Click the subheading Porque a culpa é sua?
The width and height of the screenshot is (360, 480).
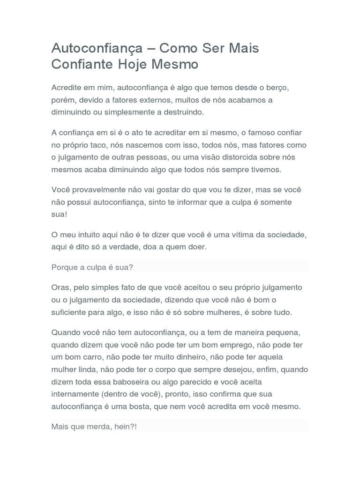pyautogui.click(x=92, y=267)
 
